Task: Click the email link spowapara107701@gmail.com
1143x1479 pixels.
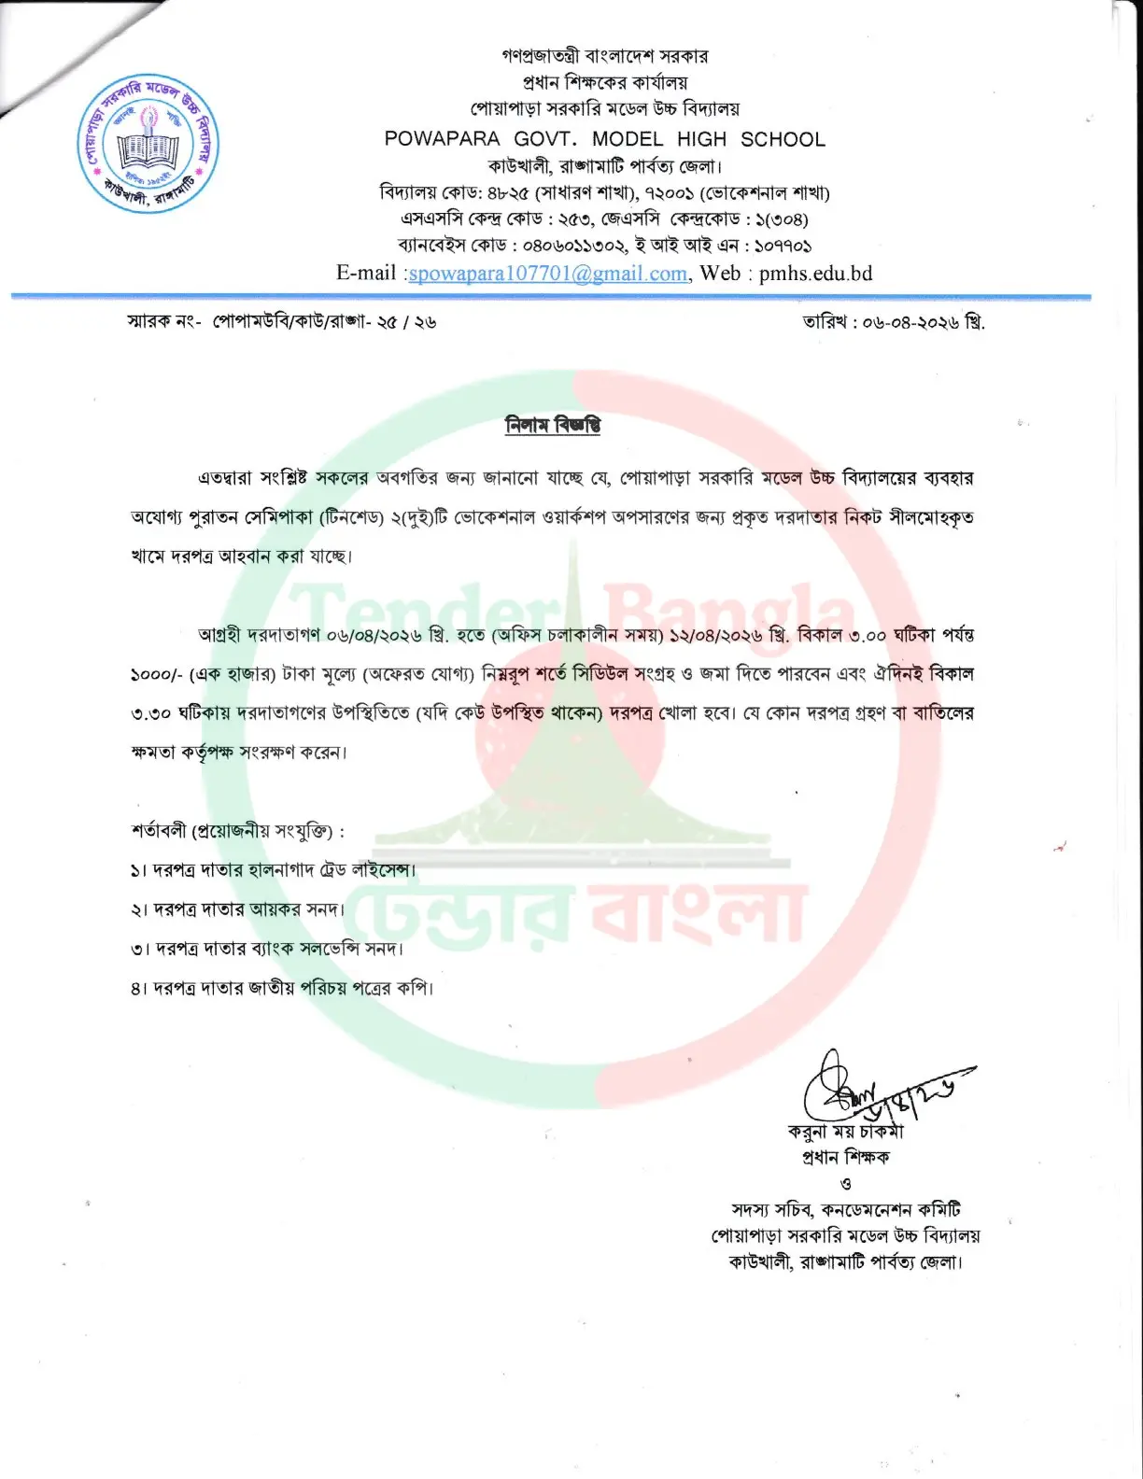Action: point(548,274)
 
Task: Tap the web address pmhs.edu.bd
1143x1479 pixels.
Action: point(815,274)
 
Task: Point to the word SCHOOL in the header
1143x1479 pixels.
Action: point(783,139)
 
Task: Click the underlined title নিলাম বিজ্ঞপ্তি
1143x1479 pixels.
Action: point(553,426)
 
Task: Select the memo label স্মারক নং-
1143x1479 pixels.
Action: point(163,322)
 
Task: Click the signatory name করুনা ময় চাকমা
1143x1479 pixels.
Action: point(846,1132)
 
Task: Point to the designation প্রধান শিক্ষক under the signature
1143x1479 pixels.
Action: point(846,1158)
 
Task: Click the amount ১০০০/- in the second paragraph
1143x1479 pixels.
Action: point(156,675)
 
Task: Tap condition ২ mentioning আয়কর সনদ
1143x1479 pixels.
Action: point(238,909)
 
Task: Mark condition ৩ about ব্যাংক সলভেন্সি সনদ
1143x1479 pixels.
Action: point(267,949)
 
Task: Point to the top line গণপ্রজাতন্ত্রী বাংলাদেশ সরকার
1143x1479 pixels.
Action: point(604,56)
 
